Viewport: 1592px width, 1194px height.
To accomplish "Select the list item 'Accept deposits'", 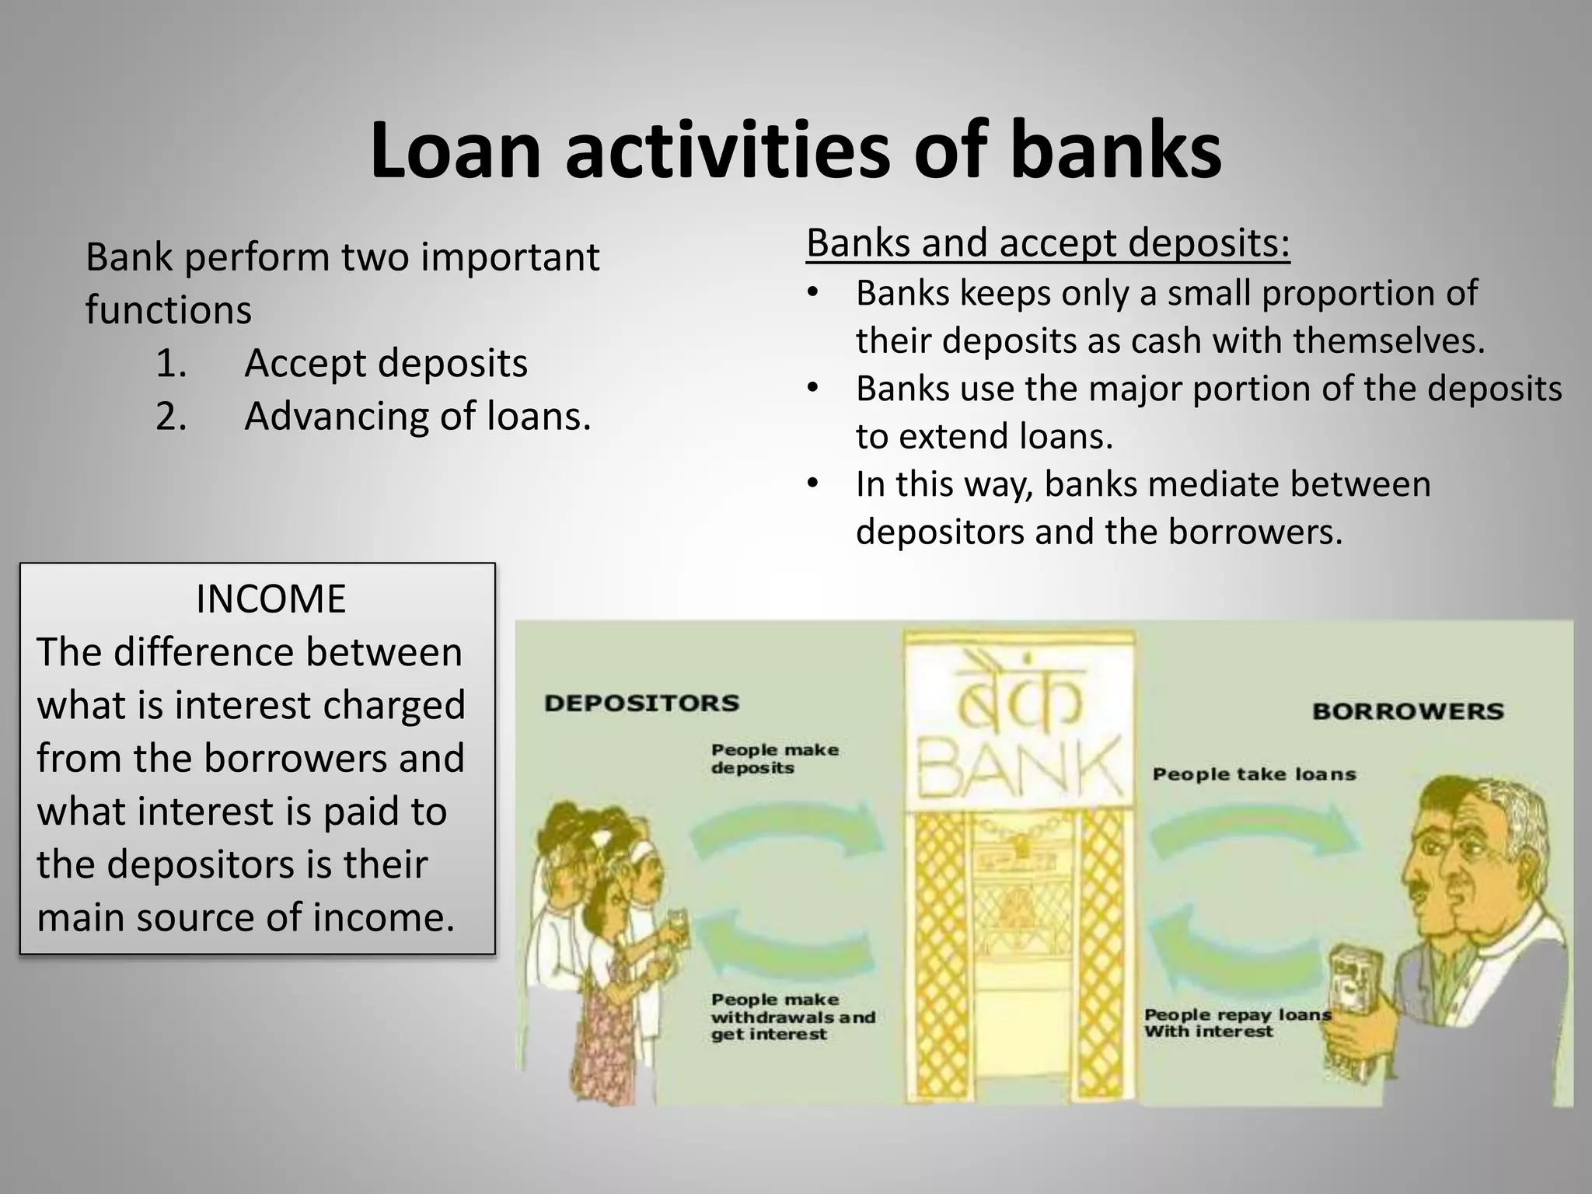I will pos(386,363).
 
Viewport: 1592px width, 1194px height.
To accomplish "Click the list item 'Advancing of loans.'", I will pos(417,416).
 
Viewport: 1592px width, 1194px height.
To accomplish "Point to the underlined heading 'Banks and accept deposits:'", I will pos(1048,243).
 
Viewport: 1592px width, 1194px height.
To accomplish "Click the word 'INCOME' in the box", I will pos(271,599).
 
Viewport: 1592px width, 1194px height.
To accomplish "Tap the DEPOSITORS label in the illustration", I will pos(642,703).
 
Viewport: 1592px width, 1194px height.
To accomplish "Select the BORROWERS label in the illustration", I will pos(1408,710).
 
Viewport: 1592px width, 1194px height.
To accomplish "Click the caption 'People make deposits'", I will pos(774,759).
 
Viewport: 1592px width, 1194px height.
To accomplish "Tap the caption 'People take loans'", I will pos(1254,774).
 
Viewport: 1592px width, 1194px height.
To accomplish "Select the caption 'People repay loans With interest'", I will pos(1236,1023).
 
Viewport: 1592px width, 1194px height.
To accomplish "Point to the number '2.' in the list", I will pos(171,416).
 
